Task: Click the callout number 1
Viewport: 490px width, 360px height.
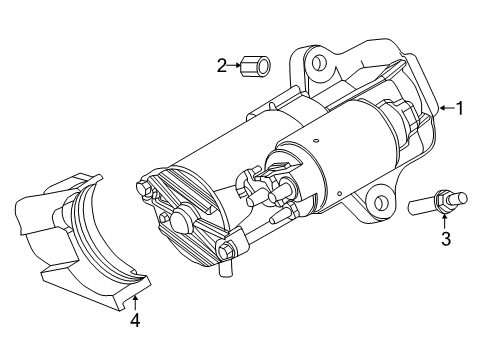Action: tap(460, 109)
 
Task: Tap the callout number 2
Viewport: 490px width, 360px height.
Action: tap(222, 66)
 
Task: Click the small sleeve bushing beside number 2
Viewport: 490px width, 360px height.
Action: tap(257, 67)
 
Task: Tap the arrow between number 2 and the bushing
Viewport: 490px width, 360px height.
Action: tap(236, 66)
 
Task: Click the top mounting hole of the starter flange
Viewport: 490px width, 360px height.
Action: tap(318, 64)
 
